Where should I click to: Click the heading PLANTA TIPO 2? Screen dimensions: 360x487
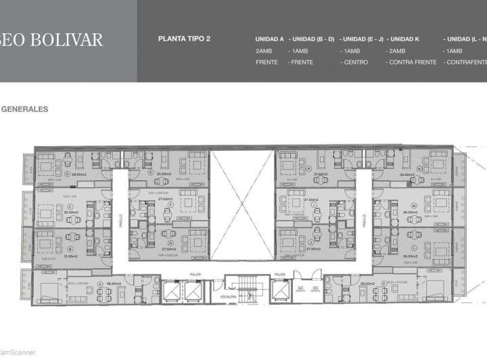pos(184,39)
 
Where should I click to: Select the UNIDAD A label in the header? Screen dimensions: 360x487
pos(269,39)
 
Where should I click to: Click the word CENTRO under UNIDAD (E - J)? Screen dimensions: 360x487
pos(355,62)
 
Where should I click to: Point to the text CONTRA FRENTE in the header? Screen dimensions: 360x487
pos(412,62)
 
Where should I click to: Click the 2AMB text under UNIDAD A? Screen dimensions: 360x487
pos(263,51)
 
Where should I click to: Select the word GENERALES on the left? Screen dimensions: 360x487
pos(24,109)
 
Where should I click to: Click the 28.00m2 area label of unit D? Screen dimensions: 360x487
pos(79,174)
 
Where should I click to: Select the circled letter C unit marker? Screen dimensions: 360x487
pos(70,206)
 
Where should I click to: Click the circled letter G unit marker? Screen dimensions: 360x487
pos(170,242)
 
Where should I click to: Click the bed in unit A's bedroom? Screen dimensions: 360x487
pos(47,290)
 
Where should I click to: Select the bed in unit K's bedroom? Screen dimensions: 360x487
pos(436,290)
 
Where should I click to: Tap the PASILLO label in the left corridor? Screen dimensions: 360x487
pos(121,220)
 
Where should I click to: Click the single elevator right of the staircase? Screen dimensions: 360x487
pos(279,290)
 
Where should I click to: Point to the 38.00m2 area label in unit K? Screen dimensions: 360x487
pos(367,284)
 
